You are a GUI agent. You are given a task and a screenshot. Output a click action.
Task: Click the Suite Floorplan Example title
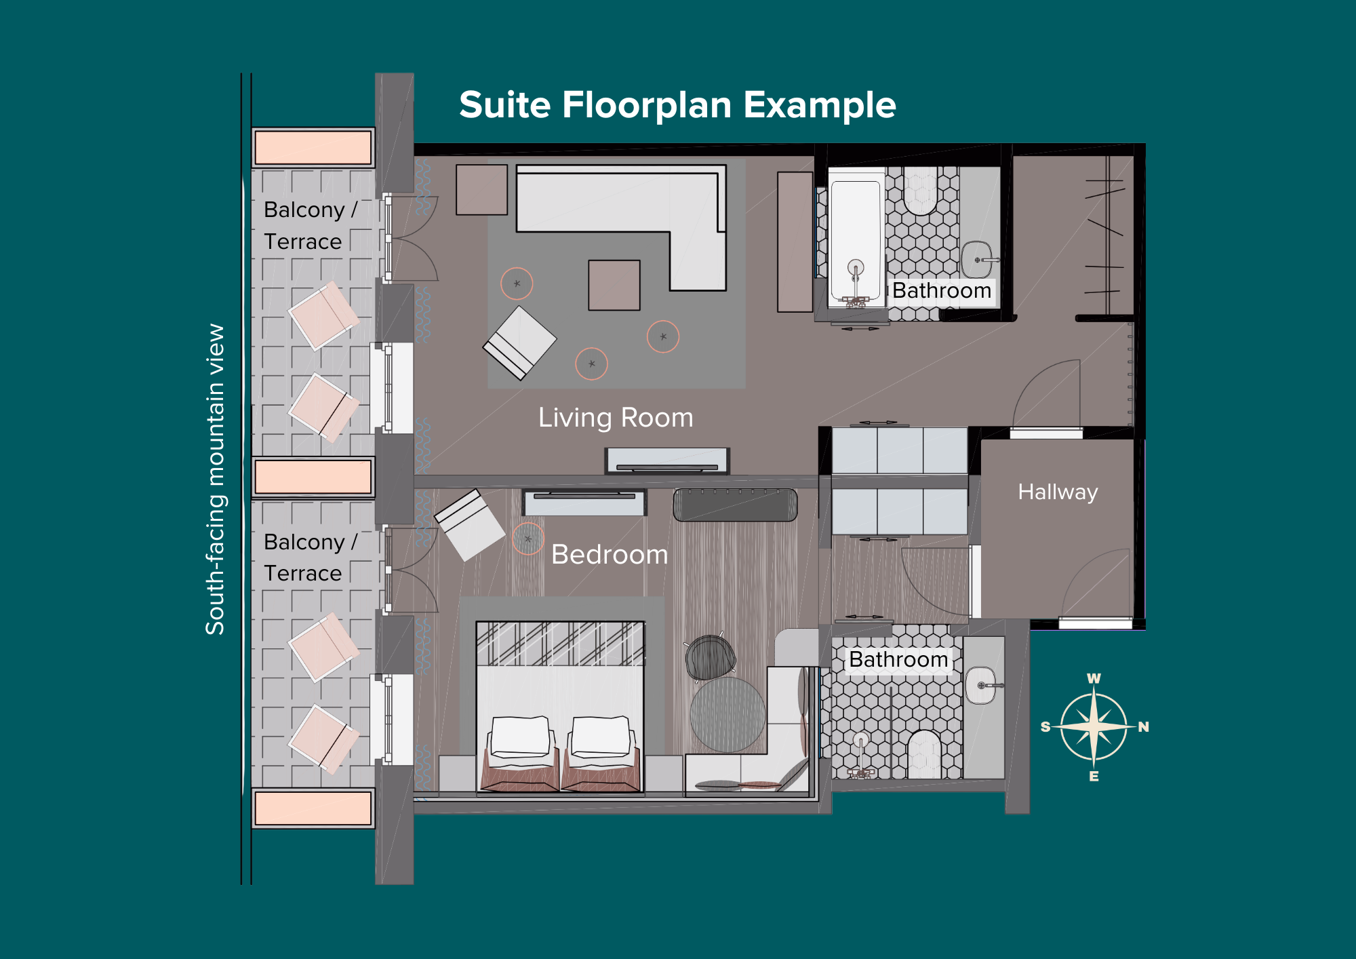click(x=677, y=106)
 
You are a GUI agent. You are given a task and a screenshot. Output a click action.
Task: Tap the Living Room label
click(x=616, y=418)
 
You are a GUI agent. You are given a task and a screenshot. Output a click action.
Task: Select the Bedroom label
click(x=610, y=555)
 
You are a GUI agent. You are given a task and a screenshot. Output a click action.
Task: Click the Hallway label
click(x=1058, y=492)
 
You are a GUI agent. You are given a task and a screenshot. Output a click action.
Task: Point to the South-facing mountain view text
click(x=215, y=479)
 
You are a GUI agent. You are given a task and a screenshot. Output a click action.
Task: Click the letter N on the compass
click(x=1143, y=727)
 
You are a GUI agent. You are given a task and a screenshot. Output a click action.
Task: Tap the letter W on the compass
click(x=1094, y=678)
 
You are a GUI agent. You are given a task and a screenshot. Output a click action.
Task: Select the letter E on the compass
click(x=1094, y=776)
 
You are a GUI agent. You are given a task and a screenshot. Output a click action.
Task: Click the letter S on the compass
click(x=1045, y=727)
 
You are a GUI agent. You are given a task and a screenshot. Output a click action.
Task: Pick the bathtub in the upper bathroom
click(x=856, y=237)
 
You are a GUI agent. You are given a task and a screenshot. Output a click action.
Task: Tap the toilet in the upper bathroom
click(x=920, y=191)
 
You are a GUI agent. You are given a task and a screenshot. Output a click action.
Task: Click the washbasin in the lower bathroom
click(x=981, y=686)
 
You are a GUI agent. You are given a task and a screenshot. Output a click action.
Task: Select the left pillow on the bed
click(x=521, y=737)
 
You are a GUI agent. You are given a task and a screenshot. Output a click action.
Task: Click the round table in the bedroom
click(x=727, y=715)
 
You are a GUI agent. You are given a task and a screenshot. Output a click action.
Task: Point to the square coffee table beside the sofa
click(x=614, y=286)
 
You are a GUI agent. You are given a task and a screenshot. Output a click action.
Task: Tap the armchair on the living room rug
click(x=519, y=342)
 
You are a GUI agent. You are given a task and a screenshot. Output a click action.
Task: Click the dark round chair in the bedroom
click(x=710, y=657)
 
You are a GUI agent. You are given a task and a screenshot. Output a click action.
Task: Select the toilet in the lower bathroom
click(x=923, y=753)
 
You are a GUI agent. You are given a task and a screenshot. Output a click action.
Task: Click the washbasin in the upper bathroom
click(x=976, y=260)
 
